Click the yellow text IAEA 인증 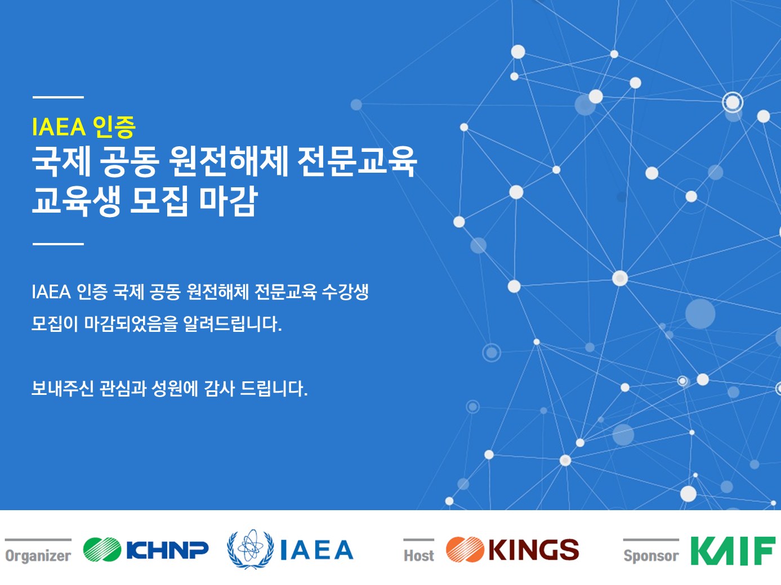(83, 127)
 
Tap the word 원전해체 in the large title (228, 161)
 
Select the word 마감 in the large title (228, 201)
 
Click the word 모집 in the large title (159, 201)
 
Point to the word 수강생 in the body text (345, 292)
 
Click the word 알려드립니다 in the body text (233, 324)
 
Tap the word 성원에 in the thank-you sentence (175, 388)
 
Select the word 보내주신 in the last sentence (63, 388)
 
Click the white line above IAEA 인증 (59, 97)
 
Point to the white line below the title (59, 244)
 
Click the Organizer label (38, 556)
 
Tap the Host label (419, 556)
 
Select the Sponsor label (651, 556)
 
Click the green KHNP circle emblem (102, 550)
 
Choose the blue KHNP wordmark (168, 550)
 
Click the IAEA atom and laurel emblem (251, 549)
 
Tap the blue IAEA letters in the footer (316, 550)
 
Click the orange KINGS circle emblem (465, 550)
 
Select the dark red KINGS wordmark (534, 550)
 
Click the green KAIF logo (733, 551)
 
